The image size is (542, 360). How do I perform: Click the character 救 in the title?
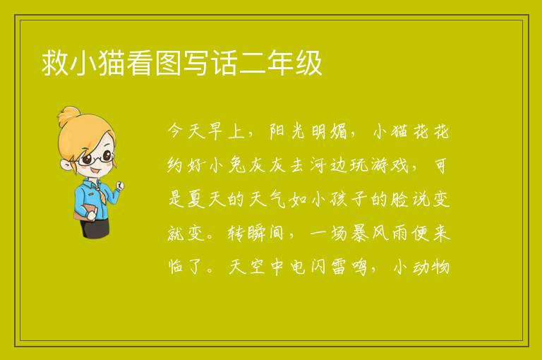(54, 63)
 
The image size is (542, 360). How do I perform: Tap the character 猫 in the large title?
(111, 63)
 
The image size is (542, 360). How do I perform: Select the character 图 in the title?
(168, 63)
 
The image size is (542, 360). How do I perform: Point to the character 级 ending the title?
(308, 63)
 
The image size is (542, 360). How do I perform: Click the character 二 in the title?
(253, 63)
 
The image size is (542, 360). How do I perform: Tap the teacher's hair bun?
(68, 116)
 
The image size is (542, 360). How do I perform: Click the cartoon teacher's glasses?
(95, 158)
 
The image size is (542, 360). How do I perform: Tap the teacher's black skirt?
(95, 228)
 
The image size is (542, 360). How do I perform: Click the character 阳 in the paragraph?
(277, 131)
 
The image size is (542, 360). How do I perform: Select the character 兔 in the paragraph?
(237, 165)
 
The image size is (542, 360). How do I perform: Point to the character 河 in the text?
(318, 165)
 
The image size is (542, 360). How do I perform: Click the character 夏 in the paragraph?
(196, 199)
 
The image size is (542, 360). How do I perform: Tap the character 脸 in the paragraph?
(399, 199)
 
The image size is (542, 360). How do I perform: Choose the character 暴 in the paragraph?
(360, 233)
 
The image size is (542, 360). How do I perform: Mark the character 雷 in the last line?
(339, 267)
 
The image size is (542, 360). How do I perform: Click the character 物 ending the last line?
(440, 267)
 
